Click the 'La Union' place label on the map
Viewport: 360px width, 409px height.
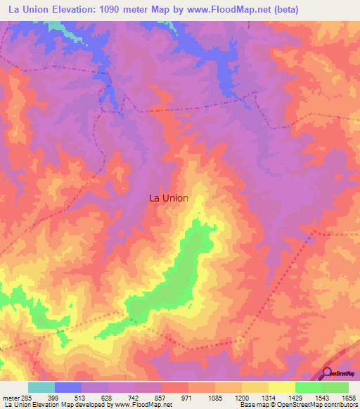tap(169, 198)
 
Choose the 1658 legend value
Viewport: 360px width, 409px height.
tap(349, 398)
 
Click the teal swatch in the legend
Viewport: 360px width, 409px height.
tap(41, 387)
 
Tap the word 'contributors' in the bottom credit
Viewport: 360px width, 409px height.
tap(341, 405)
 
